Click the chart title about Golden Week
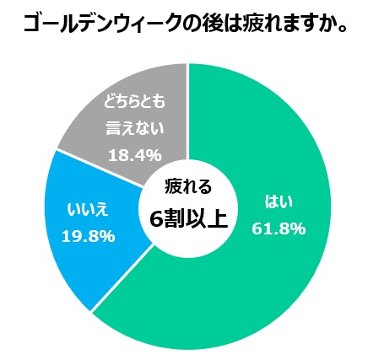[x=184, y=24]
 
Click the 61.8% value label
[x=279, y=228]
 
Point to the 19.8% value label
[x=88, y=236]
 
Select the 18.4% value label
[x=135, y=155]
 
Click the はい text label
[x=279, y=202]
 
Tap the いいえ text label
[x=88, y=210]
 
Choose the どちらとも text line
[x=134, y=103]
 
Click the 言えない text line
[x=135, y=129]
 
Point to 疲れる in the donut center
[x=187, y=187]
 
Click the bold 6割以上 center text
[x=188, y=218]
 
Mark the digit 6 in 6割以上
[x=155, y=218]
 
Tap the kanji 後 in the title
[x=213, y=24]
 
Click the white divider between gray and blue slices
[x=99, y=168]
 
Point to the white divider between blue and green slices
[x=122, y=277]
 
